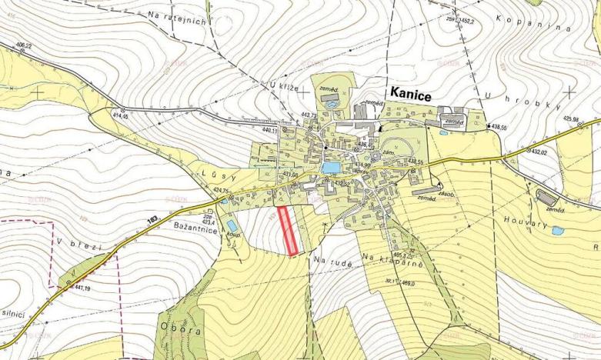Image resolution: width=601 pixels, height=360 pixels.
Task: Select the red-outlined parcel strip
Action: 288,230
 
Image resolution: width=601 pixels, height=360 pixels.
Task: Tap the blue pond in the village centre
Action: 330,167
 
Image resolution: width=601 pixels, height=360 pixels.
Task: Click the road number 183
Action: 153,221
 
